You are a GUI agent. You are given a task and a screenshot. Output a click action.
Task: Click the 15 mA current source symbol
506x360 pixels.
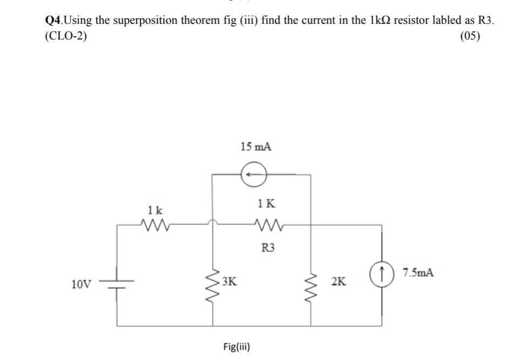click(x=253, y=174)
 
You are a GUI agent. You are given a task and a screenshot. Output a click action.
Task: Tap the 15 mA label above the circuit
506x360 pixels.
click(x=255, y=146)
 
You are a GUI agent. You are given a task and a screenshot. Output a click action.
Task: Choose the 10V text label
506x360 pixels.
click(x=81, y=283)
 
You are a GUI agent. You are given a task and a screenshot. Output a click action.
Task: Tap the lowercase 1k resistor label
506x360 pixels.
click(x=154, y=209)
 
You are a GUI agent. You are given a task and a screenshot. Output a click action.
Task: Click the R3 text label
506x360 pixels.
click(x=268, y=248)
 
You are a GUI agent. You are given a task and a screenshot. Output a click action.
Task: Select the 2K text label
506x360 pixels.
click(x=339, y=282)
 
